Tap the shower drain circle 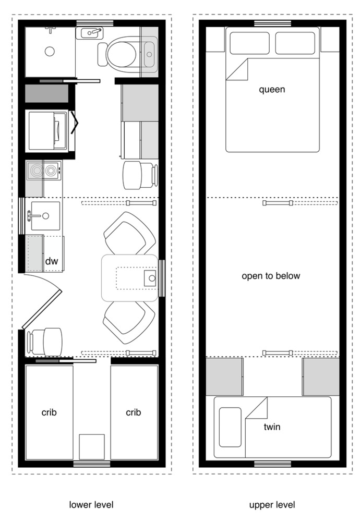tap(50, 52)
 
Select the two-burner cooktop tap(44, 171)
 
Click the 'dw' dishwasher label tap(52, 261)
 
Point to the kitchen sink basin tap(45, 216)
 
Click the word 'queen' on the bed tap(272, 90)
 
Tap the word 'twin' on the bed tap(272, 427)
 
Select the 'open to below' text tap(271, 276)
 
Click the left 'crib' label tap(49, 412)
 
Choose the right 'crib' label tap(133, 412)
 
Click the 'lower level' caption tap(91, 505)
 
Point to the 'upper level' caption tap(272, 505)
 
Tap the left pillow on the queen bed tap(249, 43)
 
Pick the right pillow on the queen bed tap(295, 43)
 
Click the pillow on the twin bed tap(230, 427)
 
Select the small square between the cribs tap(92, 447)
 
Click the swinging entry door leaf tap(42, 309)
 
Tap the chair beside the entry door tap(45, 342)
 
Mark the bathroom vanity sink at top tap(90, 33)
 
